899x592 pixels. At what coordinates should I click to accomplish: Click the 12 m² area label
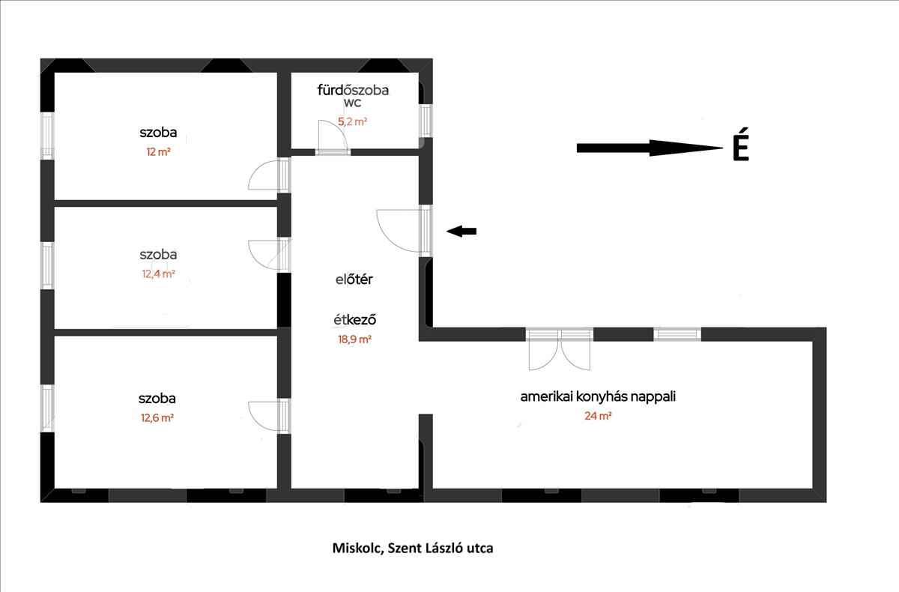pyautogui.click(x=158, y=152)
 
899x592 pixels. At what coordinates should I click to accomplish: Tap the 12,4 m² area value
pyautogui.click(x=158, y=274)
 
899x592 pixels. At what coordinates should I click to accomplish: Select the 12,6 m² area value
pyautogui.click(x=157, y=418)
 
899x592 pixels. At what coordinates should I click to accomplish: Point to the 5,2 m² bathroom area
pyautogui.click(x=352, y=121)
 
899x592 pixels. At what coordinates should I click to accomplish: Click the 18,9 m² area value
pyautogui.click(x=354, y=339)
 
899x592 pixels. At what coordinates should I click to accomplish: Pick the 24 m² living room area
pyautogui.click(x=598, y=416)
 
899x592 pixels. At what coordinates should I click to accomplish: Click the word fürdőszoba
pyautogui.click(x=353, y=90)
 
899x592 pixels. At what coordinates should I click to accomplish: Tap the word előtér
pyautogui.click(x=354, y=280)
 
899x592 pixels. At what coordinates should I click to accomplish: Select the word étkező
pyautogui.click(x=355, y=320)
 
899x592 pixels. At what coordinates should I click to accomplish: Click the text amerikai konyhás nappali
pyautogui.click(x=598, y=396)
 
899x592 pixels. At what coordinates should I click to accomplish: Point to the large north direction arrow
pyautogui.click(x=650, y=148)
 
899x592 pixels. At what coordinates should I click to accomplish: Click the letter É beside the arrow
pyautogui.click(x=741, y=145)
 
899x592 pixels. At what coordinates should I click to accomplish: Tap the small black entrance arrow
pyautogui.click(x=461, y=232)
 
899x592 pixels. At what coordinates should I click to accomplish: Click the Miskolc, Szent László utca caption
pyautogui.click(x=413, y=549)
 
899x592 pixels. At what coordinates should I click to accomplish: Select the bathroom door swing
pyautogui.click(x=333, y=136)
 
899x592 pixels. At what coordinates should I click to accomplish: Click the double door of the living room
pyautogui.click(x=560, y=350)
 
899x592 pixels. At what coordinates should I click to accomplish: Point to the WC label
pyautogui.click(x=352, y=103)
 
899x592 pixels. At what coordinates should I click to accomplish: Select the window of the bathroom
pyautogui.click(x=426, y=121)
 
